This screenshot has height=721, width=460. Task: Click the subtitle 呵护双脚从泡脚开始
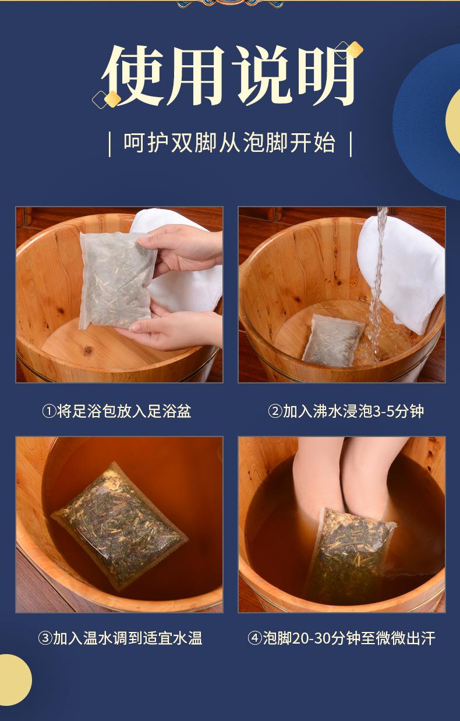(229, 143)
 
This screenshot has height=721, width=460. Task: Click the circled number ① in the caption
(49, 412)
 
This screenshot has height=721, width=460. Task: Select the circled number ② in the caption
(275, 412)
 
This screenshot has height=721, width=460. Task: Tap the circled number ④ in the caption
(254, 638)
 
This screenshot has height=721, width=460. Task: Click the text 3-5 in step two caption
(371, 412)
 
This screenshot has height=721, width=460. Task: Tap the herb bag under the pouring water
(332, 340)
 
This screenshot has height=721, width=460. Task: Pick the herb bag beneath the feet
(349, 553)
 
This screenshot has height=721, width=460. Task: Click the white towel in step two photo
(402, 268)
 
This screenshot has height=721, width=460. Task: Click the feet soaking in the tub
(344, 477)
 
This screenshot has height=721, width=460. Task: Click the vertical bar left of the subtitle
(109, 144)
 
